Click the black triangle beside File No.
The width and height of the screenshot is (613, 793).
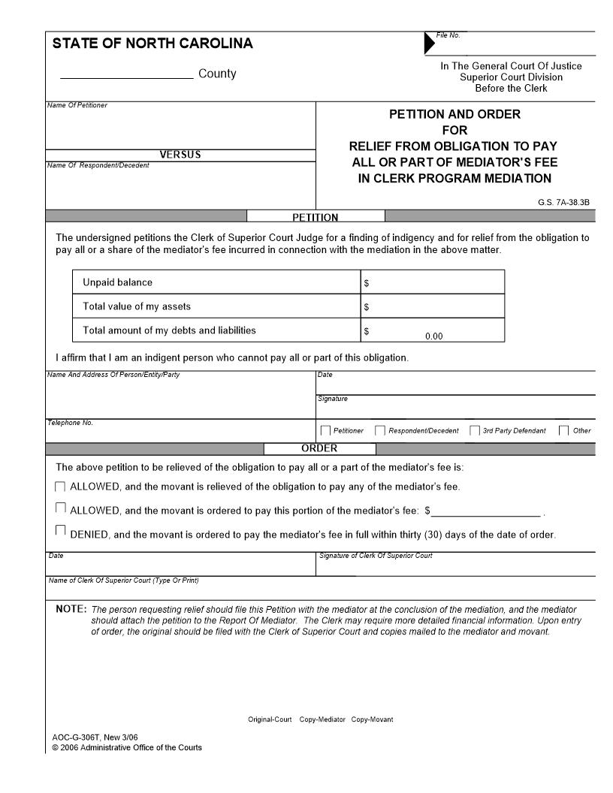click(429, 44)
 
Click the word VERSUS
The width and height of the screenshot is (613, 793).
click(180, 155)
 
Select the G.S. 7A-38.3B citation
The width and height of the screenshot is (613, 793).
click(563, 202)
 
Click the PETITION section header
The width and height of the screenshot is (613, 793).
click(315, 217)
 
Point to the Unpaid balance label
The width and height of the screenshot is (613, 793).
click(117, 282)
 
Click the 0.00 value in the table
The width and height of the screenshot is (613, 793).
click(434, 336)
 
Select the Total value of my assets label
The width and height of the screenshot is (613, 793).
click(137, 306)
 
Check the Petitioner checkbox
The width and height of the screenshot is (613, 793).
click(325, 430)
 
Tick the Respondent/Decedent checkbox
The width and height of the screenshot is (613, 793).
click(380, 430)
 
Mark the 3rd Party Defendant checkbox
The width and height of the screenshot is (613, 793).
click(475, 430)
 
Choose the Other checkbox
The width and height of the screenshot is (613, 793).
click(563, 430)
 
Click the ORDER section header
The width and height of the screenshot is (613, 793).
click(319, 448)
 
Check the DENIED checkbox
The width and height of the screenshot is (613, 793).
click(61, 531)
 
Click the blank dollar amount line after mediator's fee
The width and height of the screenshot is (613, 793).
click(486, 512)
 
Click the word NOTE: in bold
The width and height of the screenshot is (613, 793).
click(71, 609)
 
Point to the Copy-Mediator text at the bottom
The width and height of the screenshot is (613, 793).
click(322, 719)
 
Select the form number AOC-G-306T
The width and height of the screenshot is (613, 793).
click(74, 737)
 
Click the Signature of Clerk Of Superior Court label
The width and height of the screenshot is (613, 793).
click(376, 556)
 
